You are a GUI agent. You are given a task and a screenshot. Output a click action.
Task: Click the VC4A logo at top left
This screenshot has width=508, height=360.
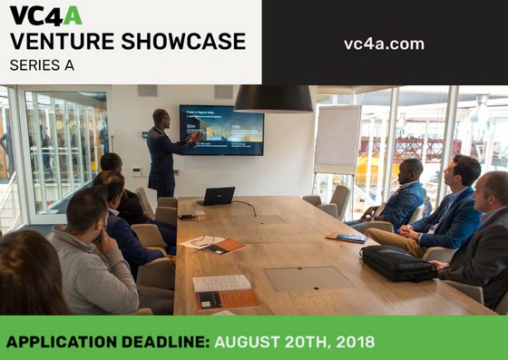point(44,15)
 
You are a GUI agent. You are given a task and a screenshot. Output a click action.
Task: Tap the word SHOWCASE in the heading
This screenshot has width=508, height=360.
point(186,42)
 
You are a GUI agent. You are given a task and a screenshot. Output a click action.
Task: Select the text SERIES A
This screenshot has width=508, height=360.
point(42,65)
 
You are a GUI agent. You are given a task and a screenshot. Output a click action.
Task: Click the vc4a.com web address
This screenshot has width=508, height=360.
point(384,44)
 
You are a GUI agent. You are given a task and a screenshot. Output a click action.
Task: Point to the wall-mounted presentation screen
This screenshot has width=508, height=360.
point(221,130)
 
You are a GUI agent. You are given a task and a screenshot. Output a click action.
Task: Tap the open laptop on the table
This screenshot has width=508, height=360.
point(218,196)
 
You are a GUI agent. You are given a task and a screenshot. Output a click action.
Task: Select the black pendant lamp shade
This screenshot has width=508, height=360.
point(273,98)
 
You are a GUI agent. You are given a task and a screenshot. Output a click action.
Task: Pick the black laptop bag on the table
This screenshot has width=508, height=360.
point(396,263)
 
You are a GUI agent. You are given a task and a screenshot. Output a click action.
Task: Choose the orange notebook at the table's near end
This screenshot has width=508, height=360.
point(226,299)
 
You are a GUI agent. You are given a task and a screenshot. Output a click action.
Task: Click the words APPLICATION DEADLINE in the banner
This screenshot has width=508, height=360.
point(108,343)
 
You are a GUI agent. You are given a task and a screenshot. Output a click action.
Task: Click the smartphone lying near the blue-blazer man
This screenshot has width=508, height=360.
point(349,238)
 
